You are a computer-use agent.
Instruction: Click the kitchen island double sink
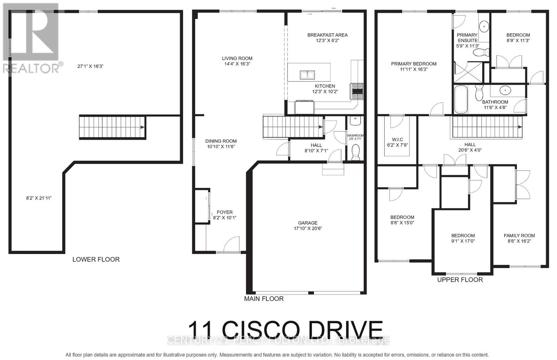[x=307, y=75]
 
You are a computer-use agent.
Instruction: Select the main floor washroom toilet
[x=355, y=152]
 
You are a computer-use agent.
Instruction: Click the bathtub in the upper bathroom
[x=461, y=99]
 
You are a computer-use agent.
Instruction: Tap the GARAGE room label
[x=308, y=223]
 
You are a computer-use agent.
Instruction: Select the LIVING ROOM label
[x=237, y=58]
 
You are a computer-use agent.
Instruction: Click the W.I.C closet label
[x=397, y=139]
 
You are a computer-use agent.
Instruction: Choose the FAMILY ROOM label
[x=519, y=235]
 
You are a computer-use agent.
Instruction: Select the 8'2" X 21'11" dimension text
[x=39, y=198]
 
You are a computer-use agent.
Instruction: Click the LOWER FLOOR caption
[x=96, y=259]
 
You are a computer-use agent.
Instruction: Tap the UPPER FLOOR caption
[x=460, y=280]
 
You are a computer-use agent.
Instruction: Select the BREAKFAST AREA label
[x=327, y=35]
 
